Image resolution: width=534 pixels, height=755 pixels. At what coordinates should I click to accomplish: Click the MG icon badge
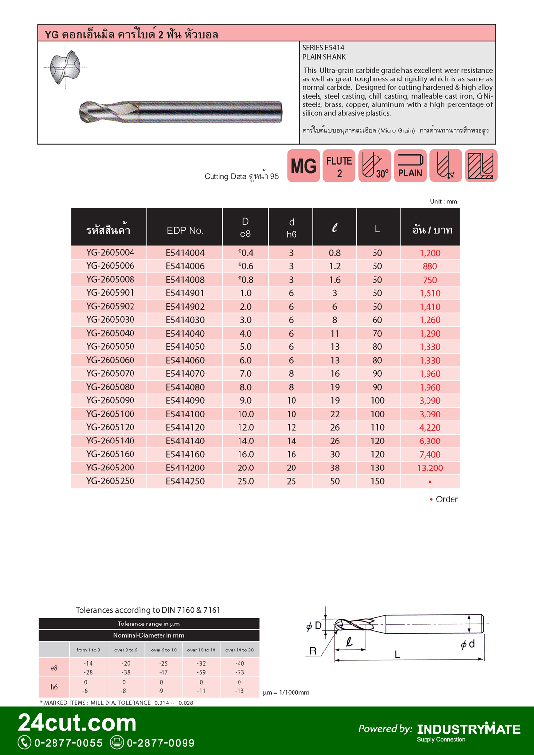tap(303, 166)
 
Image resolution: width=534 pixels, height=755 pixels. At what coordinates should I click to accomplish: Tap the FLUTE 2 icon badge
tap(339, 166)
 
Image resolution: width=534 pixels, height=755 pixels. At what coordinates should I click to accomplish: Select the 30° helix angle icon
tap(374, 166)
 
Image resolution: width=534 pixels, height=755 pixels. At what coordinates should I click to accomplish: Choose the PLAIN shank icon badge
tap(410, 166)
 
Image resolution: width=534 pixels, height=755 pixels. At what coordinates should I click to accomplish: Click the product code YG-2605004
tap(110, 253)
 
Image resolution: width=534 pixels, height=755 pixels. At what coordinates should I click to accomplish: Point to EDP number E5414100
tap(185, 414)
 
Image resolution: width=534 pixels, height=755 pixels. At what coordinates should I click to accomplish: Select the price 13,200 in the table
tap(430, 468)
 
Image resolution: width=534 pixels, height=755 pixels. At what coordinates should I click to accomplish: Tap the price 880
tap(430, 266)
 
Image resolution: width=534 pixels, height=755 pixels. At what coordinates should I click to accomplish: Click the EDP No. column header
tap(185, 230)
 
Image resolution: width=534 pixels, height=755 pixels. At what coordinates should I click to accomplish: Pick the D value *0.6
tap(245, 266)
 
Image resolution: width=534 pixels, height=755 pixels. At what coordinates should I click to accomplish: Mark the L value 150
tap(377, 481)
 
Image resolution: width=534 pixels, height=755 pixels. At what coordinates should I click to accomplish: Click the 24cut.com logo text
tap(78, 723)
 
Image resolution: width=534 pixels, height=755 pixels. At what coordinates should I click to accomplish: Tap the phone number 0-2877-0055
tap(68, 743)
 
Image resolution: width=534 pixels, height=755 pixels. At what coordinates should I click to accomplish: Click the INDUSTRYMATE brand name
tap(469, 729)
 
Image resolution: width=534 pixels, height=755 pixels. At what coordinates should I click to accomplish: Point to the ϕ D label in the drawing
tap(314, 626)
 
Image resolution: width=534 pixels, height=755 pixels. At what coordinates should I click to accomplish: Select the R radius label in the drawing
tap(313, 651)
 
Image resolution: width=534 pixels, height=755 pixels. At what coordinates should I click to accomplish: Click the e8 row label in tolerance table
tap(54, 668)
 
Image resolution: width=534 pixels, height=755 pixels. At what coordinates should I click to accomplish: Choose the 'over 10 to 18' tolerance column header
tap(201, 650)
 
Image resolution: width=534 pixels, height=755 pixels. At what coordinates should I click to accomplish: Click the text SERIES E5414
tap(323, 48)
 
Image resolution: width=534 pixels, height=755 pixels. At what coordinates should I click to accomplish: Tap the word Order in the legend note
tap(447, 499)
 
